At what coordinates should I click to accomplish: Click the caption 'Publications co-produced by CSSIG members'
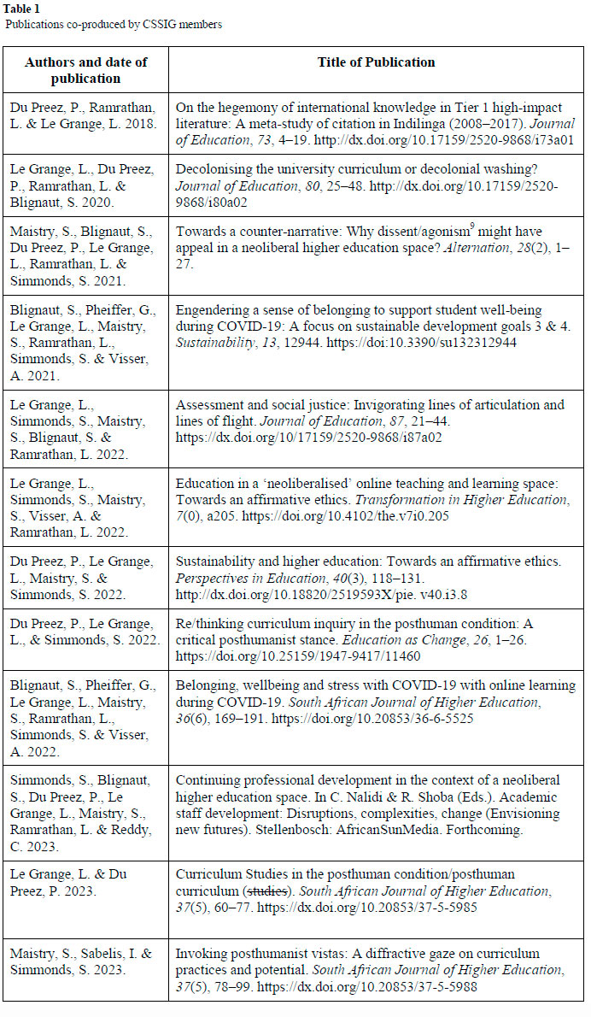pyautogui.click(x=114, y=25)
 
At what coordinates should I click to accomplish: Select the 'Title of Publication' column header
pyautogui.click(x=376, y=62)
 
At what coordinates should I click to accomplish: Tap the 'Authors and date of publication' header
pyautogui.click(x=85, y=69)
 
